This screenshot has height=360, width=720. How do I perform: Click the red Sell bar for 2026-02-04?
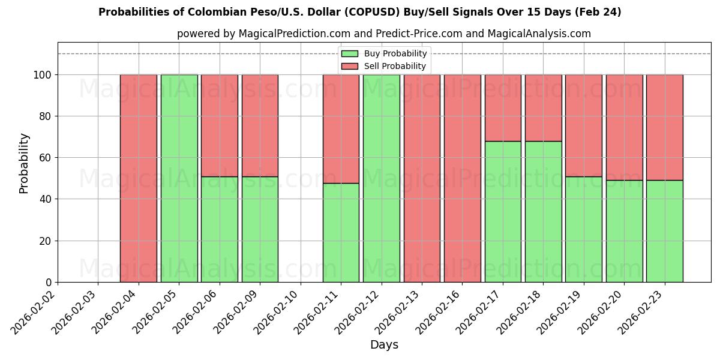(139, 178)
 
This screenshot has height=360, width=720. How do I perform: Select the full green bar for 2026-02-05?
(179, 178)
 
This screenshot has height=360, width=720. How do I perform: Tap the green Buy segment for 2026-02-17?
(503, 211)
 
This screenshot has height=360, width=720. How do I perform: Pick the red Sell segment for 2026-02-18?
(543, 108)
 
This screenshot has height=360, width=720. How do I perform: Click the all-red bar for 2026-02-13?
(422, 178)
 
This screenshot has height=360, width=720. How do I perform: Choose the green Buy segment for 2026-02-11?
(341, 232)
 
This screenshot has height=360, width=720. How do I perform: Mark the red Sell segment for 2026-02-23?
(664, 127)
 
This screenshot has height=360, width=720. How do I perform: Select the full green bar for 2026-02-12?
(382, 178)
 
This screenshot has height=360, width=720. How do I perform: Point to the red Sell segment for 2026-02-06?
(220, 125)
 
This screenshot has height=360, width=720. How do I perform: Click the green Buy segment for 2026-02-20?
(624, 231)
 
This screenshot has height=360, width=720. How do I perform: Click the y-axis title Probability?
(24, 163)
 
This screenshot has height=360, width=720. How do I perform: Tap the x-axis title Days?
(384, 345)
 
